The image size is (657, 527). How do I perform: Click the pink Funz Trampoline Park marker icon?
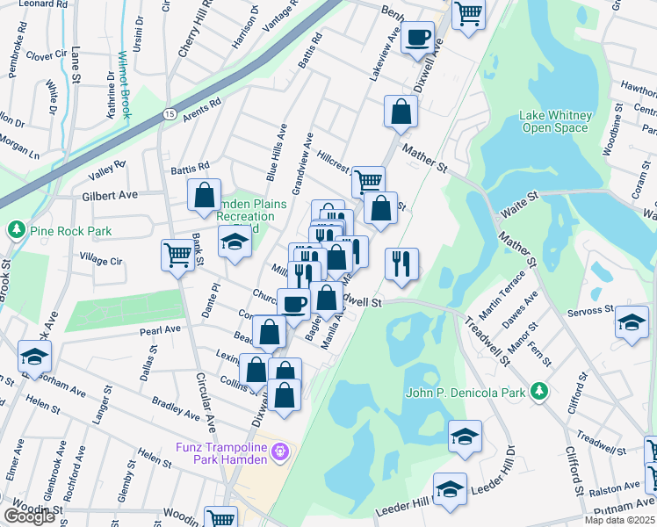[x=280, y=451]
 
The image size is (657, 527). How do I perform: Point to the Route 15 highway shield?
[x=170, y=114]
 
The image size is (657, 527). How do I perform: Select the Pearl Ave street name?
[x=159, y=330]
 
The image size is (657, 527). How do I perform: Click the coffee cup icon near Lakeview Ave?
[x=418, y=38]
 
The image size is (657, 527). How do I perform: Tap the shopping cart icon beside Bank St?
[x=177, y=255]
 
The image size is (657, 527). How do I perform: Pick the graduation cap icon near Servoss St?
[x=632, y=321]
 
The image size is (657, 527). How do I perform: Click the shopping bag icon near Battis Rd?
[x=204, y=195]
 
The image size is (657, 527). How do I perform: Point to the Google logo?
[x=29, y=516]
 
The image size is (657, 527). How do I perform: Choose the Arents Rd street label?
[x=201, y=108]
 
